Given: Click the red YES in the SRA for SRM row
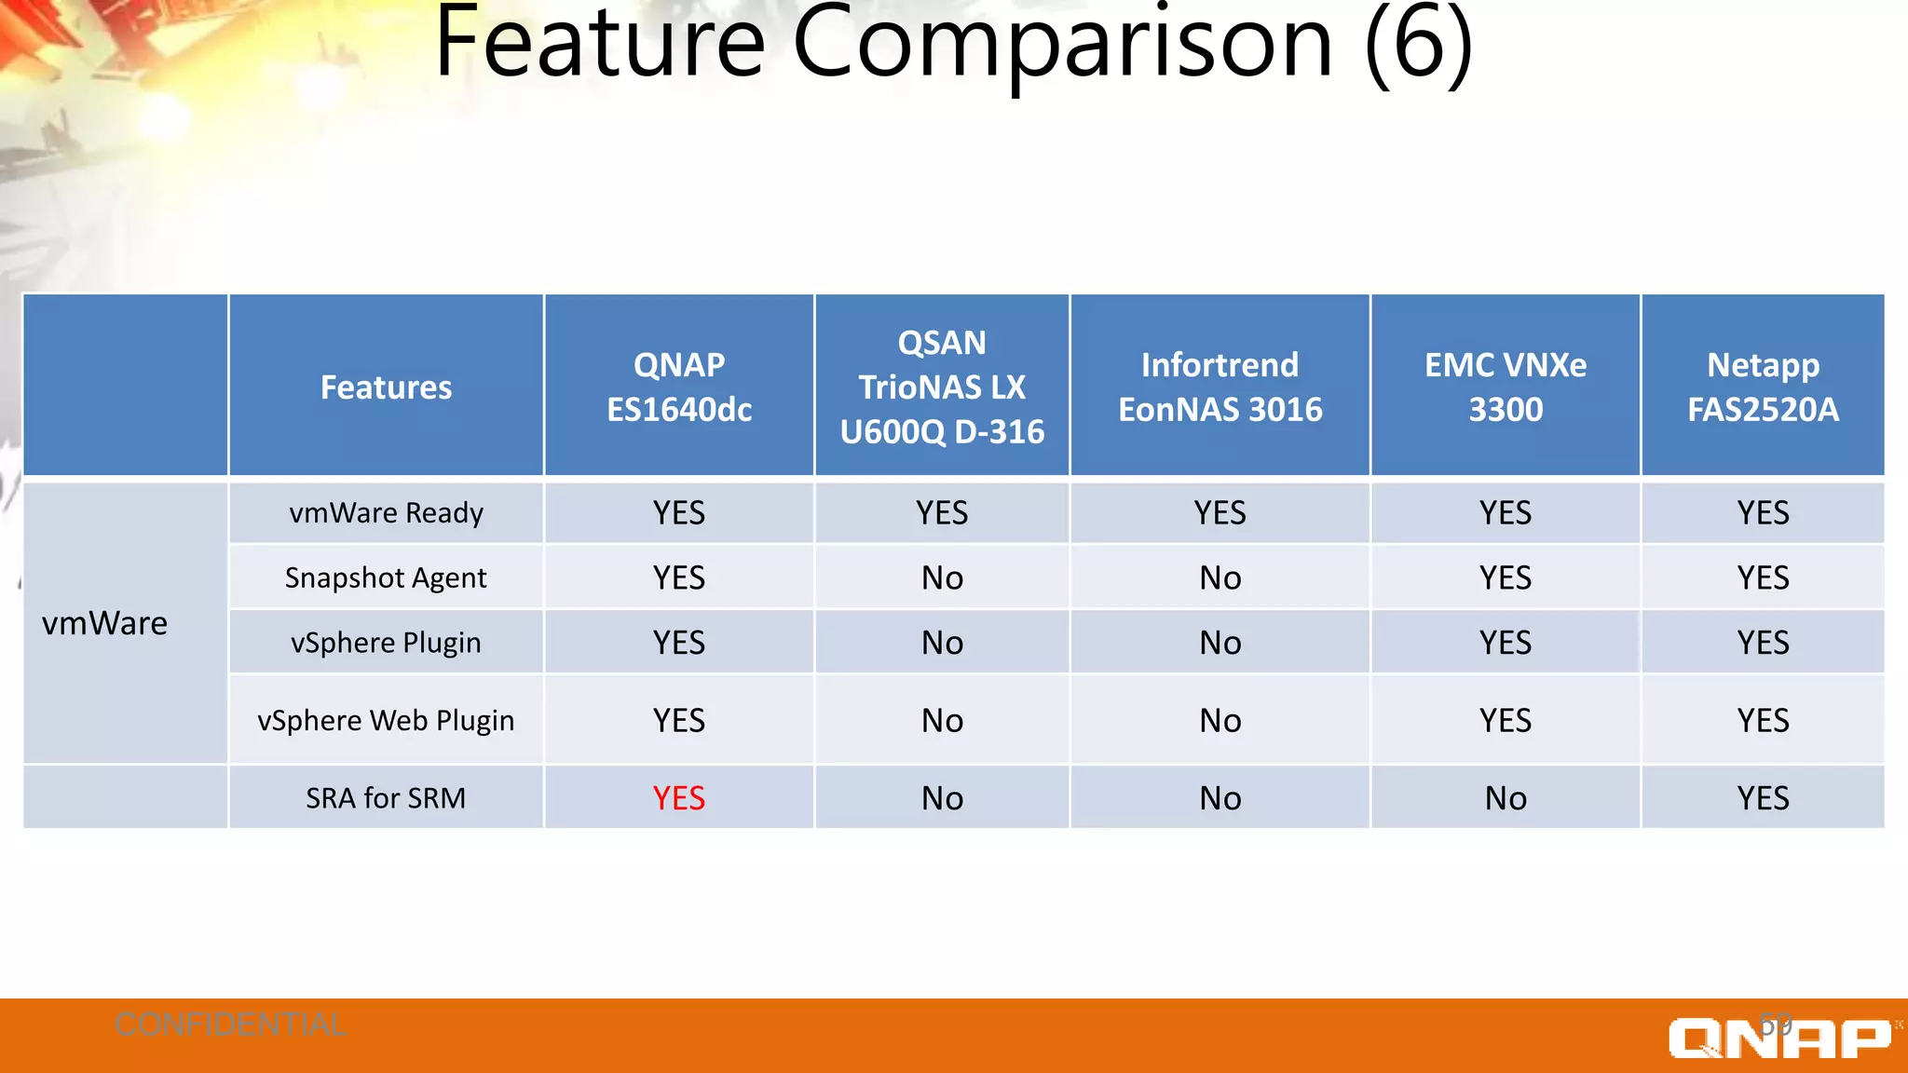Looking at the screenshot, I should pos(678,798).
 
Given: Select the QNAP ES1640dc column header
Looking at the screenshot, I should pos(679,387).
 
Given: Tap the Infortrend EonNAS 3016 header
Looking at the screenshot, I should pos(1220,387).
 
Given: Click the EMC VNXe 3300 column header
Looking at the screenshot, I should pos(1505,387).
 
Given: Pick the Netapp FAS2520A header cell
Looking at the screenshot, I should pos(1763,387).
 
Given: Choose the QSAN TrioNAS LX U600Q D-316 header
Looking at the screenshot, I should pos(942,387).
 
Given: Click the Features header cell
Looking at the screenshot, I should pos(386,387).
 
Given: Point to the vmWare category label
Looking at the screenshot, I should pos(105,623).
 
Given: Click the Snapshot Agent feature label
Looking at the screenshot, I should pos(386,577).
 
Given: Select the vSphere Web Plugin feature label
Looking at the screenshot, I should pos(386,720).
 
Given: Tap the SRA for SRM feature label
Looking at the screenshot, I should pos(386,798).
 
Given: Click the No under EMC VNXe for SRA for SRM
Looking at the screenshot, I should pos(1505,798).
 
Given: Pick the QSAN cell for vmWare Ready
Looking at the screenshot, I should pos(942,512).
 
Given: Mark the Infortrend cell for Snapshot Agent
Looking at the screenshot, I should pos(1220,577).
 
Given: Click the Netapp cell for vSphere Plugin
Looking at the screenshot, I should pos(1763,643).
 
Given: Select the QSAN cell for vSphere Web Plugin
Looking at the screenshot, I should pos(942,720).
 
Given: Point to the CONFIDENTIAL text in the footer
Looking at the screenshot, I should pos(230,1025).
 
